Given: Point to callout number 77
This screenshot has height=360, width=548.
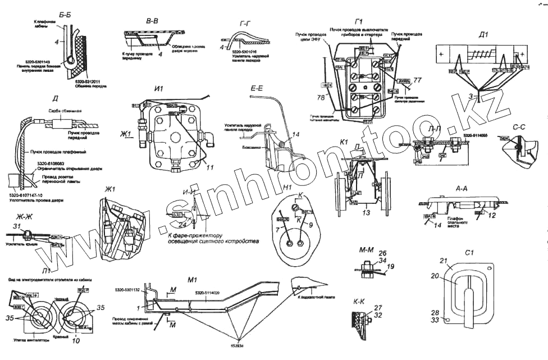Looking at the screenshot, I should point(417,80).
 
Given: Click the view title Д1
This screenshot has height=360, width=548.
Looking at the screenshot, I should point(483,34).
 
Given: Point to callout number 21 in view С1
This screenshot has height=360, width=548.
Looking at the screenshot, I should point(442,262).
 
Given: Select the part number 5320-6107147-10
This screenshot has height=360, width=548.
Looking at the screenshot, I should point(29,195).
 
